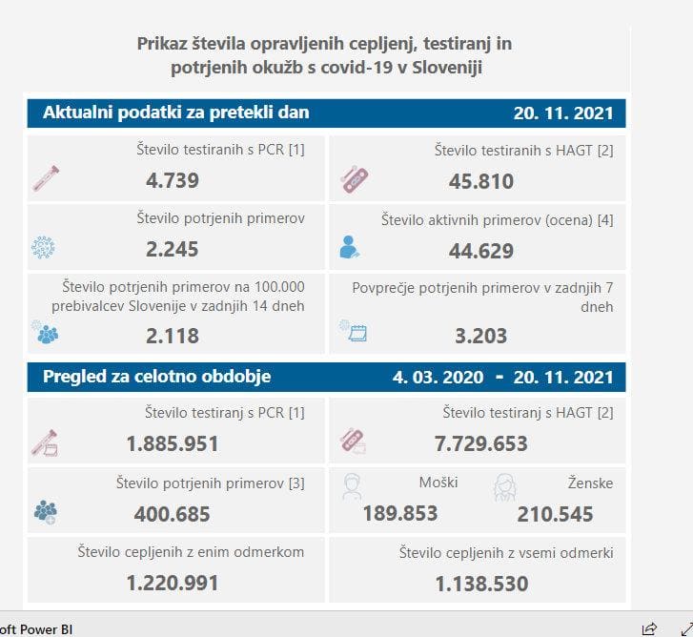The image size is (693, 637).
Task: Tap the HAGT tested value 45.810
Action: [x=481, y=181]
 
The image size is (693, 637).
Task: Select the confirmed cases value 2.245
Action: [x=173, y=250]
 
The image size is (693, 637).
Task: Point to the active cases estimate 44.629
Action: [x=481, y=251]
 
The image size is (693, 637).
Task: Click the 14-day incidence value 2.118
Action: [x=173, y=336]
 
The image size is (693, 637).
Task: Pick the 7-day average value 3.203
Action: [x=481, y=336]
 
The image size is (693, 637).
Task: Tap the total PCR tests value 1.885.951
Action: [x=173, y=443]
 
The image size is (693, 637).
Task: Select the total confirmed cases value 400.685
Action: [x=173, y=514]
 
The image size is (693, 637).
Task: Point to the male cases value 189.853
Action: [x=400, y=514]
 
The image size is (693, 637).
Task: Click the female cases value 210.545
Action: [x=555, y=515]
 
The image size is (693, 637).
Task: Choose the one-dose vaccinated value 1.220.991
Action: [x=173, y=583]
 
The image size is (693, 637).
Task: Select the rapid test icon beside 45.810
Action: [x=355, y=178]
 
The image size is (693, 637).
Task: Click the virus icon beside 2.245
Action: [x=44, y=248]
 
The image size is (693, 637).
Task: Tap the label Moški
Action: [x=438, y=483]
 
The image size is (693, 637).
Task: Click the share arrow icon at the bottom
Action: [x=649, y=627]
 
